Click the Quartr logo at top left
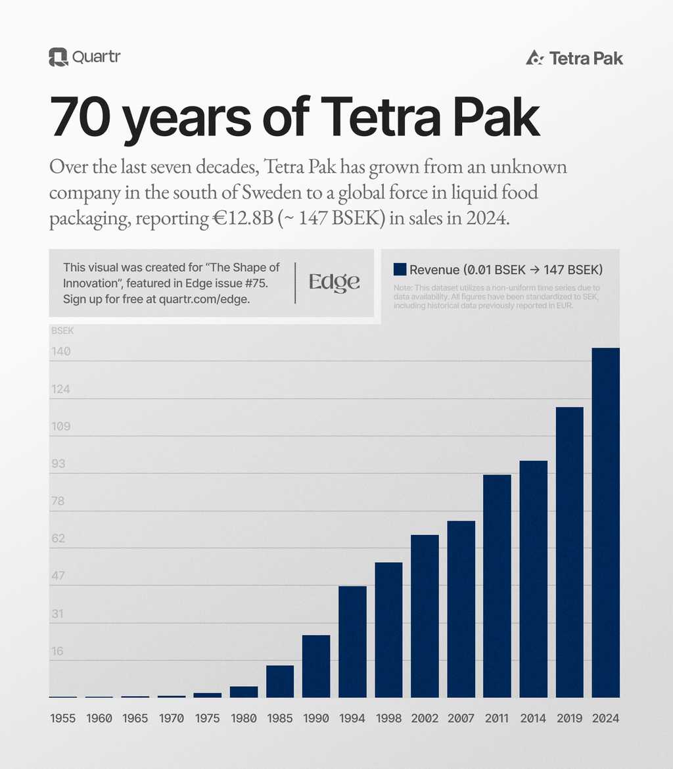(84, 57)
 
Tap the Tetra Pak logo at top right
(574, 58)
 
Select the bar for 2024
(605, 523)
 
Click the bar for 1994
(352, 641)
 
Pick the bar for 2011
(497, 586)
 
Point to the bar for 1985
(280, 682)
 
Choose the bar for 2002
(425, 616)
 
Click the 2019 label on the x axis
(569, 718)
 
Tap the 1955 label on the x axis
(63, 718)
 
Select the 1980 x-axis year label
(244, 718)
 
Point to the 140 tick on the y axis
(61, 352)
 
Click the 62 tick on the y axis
(58, 538)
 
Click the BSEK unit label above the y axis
(62, 331)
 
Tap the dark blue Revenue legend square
(400, 269)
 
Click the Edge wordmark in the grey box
(335, 282)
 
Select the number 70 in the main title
(78, 116)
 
